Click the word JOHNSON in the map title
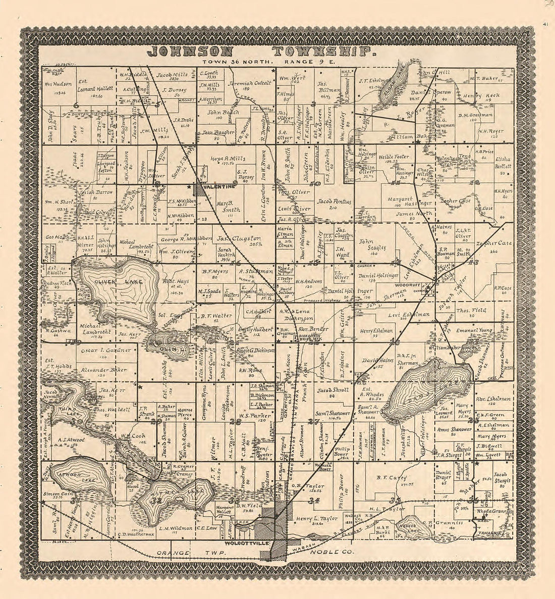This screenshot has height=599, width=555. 190,52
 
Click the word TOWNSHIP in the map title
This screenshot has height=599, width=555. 323,52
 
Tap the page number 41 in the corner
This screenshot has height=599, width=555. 546,24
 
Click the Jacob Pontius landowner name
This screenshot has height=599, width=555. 334,202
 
